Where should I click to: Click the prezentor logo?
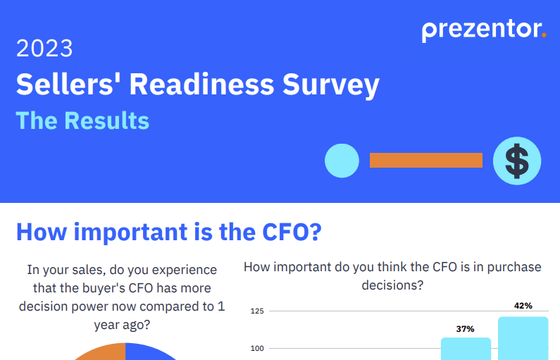pos(483,30)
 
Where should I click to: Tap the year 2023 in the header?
pos(44,49)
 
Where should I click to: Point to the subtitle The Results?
pos(82,120)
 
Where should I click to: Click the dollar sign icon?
pos(517,161)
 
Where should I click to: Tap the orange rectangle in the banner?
pos(425,161)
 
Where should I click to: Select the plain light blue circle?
pos(342,161)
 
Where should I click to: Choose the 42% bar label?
pos(523,306)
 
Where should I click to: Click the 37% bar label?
pos(465,328)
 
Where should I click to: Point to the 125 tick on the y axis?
pos(256,311)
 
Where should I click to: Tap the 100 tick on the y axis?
pos(256,348)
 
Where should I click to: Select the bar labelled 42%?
pos(523,338)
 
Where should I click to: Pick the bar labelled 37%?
pos(466,349)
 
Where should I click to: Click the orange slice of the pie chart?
pos(102,352)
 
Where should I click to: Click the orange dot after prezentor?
pos(544,37)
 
